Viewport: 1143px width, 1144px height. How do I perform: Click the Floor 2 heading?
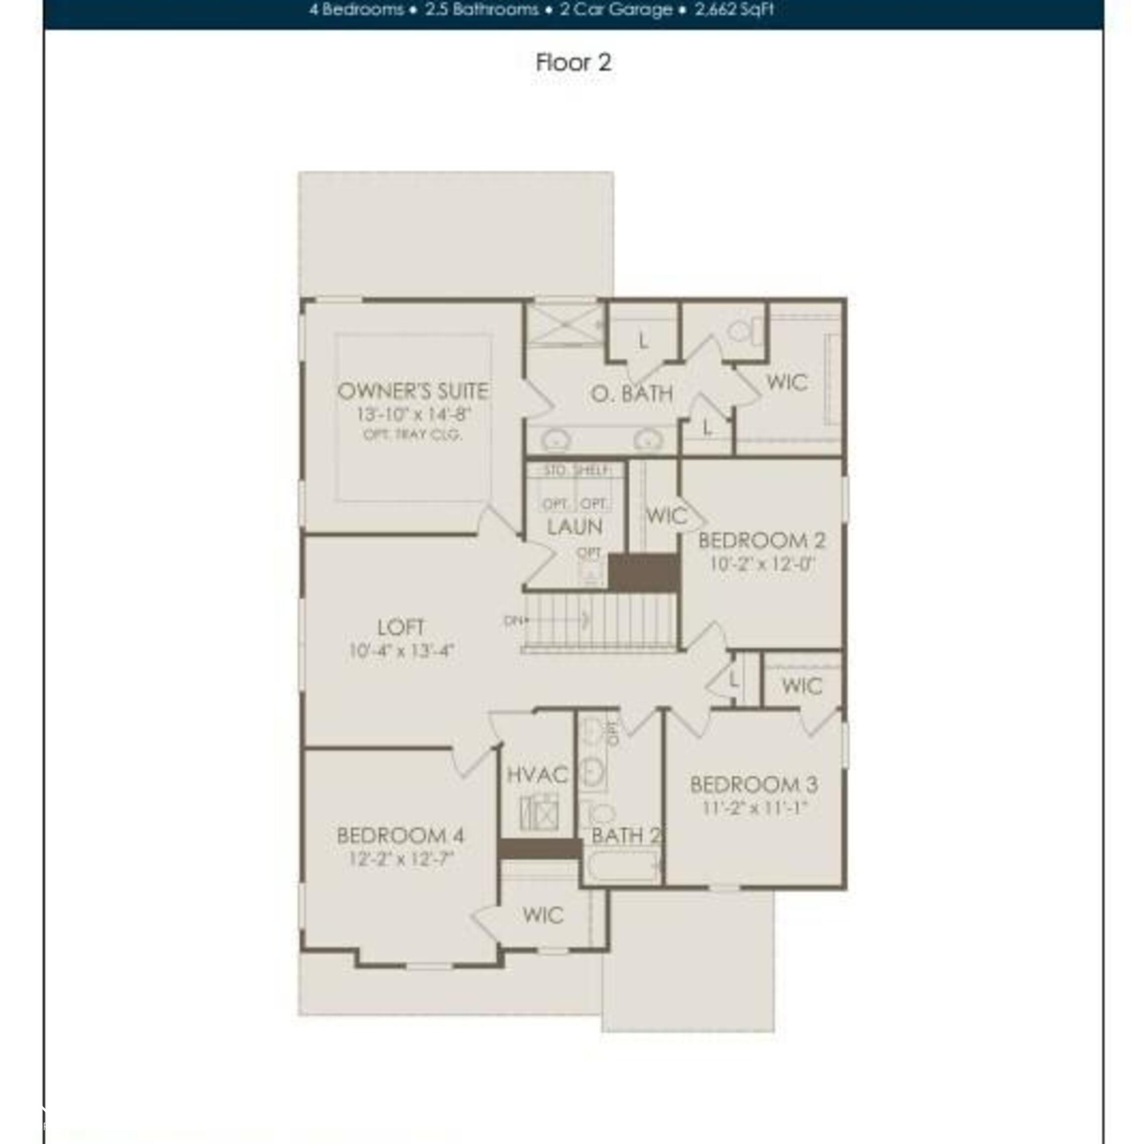(x=572, y=62)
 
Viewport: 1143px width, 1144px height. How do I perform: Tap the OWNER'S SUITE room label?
(x=412, y=391)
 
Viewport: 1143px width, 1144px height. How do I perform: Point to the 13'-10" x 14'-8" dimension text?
(x=413, y=414)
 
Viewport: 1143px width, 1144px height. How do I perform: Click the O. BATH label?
(x=632, y=394)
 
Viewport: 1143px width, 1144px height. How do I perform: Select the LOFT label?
(x=401, y=627)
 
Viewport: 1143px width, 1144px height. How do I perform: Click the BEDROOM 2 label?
(x=761, y=540)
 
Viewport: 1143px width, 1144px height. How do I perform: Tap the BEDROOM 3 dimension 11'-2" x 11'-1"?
(x=754, y=808)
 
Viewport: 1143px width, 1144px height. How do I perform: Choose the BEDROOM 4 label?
(x=400, y=836)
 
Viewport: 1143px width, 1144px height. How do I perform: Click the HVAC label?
(x=537, y=775)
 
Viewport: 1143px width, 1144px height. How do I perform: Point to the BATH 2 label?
(x=625, y=836)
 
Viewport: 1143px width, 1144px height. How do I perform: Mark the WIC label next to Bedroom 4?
(x=543, y=916)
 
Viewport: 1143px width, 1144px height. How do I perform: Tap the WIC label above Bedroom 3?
(x=802, y=686)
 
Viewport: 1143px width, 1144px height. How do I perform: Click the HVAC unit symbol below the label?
(x=539, y=813)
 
